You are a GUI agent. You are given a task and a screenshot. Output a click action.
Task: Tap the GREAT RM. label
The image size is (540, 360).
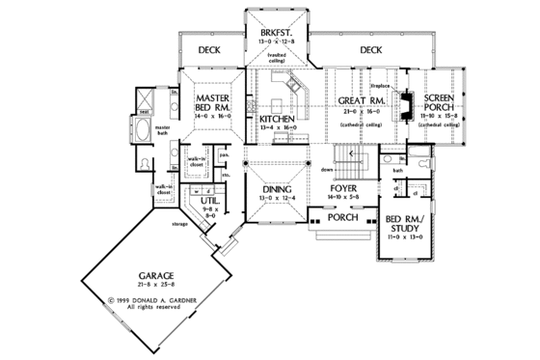(362, 100)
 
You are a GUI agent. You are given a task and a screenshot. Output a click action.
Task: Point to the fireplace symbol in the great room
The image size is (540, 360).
(408, 100)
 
